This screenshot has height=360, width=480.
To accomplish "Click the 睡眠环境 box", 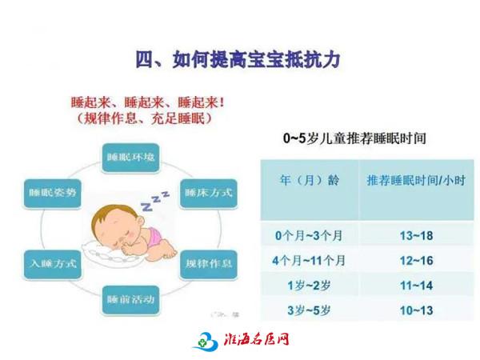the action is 130,158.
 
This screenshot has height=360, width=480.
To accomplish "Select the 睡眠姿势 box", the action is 52,194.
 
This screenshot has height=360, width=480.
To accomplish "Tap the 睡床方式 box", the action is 209,194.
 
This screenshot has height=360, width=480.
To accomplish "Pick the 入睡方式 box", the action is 53,264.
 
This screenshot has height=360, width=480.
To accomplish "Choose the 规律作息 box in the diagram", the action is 209,264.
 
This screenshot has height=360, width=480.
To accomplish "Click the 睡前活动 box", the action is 130,300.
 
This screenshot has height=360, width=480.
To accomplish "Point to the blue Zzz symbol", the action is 154,201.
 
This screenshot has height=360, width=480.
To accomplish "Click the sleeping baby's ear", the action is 141,221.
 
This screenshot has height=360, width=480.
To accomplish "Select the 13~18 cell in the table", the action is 416,236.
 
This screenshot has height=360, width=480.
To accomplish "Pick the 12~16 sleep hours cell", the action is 416,261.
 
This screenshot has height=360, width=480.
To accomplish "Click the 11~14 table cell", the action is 416,286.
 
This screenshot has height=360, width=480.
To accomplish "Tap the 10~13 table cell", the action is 416,310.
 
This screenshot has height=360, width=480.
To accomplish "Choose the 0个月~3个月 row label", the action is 309,236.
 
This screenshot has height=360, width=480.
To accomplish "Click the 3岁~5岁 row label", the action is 309,310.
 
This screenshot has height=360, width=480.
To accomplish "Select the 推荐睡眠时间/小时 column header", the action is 416,180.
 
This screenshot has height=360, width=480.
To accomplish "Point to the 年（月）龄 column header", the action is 309,180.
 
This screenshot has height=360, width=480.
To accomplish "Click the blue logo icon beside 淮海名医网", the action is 206,341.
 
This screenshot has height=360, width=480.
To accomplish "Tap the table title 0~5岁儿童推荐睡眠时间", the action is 354,138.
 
